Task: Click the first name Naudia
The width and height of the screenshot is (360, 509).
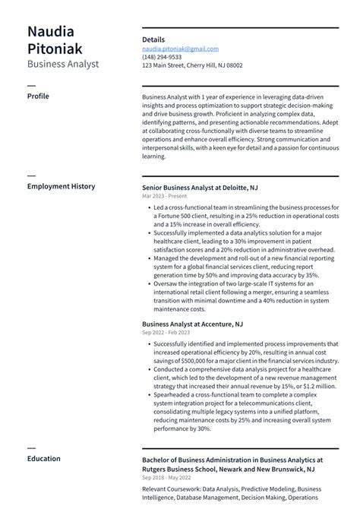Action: coord(51,32)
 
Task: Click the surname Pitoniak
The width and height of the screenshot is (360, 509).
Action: coord(57,49)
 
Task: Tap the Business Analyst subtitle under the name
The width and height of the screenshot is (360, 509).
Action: coord(63,65)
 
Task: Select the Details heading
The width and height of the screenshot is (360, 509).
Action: coord(153,40)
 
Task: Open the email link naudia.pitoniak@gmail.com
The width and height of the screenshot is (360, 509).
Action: coord(180,49)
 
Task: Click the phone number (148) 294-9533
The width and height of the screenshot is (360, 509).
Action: coord(162,57)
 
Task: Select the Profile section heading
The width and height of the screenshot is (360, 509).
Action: coord(38,97)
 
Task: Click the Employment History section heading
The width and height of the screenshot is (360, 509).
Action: coord(61,186)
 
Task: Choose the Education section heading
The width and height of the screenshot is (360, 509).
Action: coord(44,459)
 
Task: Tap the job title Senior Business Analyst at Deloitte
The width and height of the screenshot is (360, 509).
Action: coord(200,187)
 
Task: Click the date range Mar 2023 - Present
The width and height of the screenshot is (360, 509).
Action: coord(166,196)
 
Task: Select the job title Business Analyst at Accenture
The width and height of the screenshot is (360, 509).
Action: coord(192,324)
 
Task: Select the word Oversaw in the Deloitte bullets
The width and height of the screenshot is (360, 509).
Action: coord(166,284)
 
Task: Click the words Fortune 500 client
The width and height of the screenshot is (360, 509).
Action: coord(182,216)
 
